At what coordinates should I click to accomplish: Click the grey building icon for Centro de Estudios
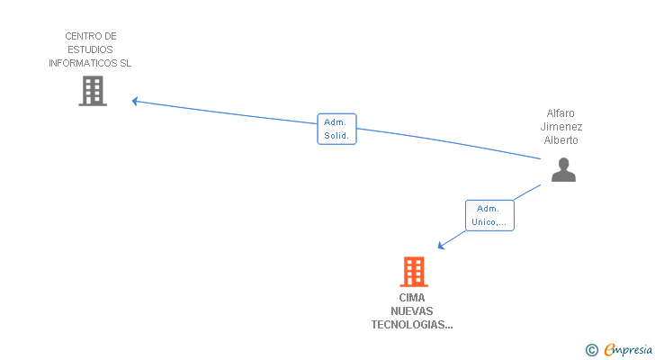tap(93, 91)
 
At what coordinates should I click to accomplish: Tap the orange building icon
tap(414, 271)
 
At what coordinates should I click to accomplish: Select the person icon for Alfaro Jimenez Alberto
tap(563, 170)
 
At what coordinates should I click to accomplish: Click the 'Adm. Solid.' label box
tap(337, 129)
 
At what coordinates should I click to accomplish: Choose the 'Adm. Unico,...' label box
tap(489, 215)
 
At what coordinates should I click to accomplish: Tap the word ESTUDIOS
tap(91, 49)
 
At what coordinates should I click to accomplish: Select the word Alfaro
tap(561, 113)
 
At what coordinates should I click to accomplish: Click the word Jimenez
tap(561, 127)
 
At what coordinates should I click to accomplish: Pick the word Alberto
tap(561, 140)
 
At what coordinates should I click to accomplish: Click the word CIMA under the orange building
tap(412, 298)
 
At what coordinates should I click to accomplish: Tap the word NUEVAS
tap(412, 311)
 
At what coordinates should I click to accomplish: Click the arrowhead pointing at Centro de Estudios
tap(135, 101)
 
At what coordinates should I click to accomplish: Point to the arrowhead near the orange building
tap(440, 245)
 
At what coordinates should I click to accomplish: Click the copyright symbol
tap(591, 350)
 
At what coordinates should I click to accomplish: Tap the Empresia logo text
tap(627, 350)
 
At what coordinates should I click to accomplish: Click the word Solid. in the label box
tap(337, 136)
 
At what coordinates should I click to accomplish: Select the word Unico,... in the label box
tap(489, 222)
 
